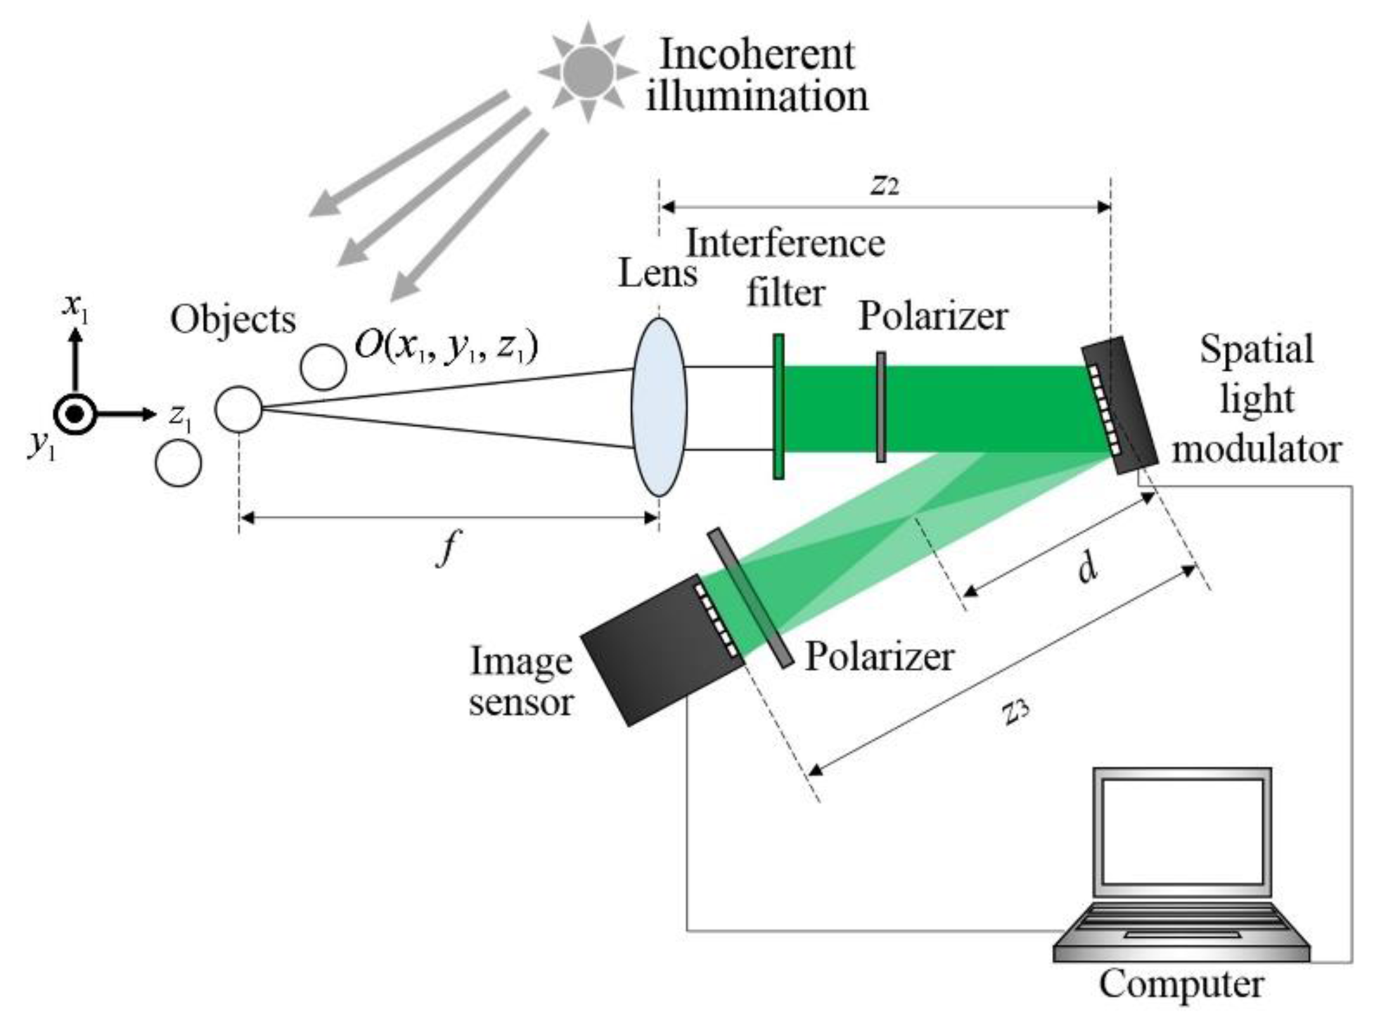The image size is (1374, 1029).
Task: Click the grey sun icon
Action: click(x=588, y=70)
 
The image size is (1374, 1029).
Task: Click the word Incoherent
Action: click(x=757, y=54)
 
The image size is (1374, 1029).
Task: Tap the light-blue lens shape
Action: click(x=659, y=407)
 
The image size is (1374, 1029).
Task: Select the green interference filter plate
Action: click(x=779, y=407)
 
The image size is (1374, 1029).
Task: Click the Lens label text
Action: click(x=657, y=275)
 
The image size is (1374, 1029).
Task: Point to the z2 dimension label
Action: click(x=885, y=184)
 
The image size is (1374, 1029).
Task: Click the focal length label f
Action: click(x=447, y=547)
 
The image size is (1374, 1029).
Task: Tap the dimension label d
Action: click(x=1088, y=568)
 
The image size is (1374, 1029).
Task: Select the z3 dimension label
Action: click(x=1015, y=712)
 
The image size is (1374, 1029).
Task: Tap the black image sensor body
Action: click(x=659, y=649)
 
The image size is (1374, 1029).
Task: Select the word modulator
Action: click(x=1256, y=450)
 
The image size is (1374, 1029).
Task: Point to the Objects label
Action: click(x=233, y=320)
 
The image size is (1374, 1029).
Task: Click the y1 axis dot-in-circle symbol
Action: click(x=75, y=415)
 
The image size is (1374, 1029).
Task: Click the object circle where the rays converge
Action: click(x=238, y=409)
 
